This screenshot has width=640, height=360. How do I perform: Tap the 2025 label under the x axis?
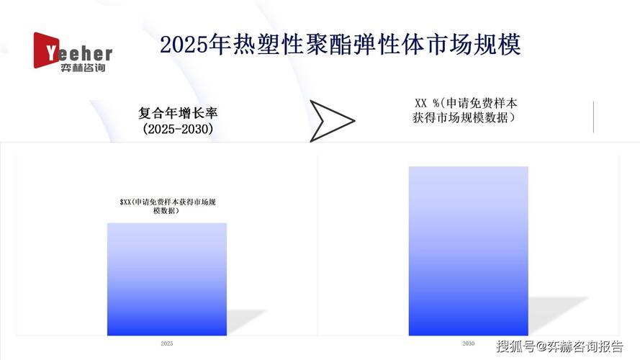pos(167,344)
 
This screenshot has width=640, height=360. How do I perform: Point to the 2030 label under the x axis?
pos(468,343)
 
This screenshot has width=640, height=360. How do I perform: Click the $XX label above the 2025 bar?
pos(168,207)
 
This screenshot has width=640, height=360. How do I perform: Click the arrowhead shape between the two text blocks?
pos(331,120)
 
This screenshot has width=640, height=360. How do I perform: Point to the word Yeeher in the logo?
pos(79,53)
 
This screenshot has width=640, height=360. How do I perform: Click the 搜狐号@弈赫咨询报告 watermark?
pos(559,346)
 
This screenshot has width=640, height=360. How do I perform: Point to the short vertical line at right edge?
pos(593,117)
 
